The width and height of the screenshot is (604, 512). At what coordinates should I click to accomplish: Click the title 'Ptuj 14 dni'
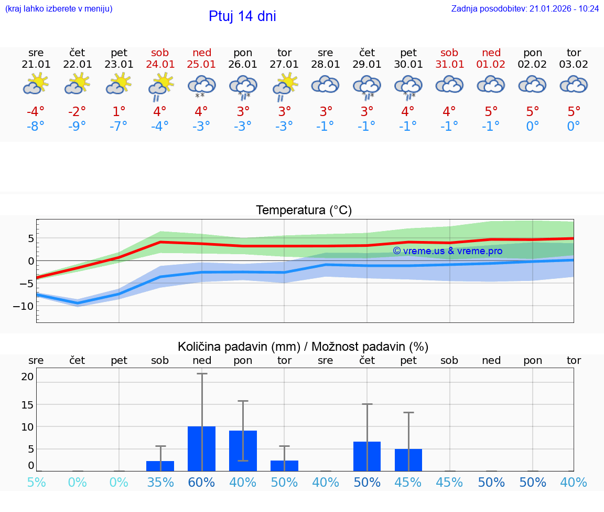242,16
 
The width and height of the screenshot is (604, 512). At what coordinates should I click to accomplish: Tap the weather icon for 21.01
36,84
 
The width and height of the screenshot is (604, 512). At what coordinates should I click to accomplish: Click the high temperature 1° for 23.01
119,112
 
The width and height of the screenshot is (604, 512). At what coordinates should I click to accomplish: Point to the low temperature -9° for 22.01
77,127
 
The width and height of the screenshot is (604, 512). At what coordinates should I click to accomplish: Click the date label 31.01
449,65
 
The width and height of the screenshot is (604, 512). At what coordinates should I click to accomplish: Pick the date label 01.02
491,65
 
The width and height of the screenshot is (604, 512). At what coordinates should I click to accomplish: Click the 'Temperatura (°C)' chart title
304,211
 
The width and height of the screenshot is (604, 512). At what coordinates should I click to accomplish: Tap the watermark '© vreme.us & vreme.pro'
448,251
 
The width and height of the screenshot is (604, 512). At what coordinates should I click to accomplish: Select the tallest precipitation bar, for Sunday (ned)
202,448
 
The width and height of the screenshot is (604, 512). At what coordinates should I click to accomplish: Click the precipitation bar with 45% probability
408,460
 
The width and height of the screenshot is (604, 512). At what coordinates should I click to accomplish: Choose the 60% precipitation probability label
202,482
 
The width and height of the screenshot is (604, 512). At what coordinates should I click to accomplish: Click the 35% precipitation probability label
160,482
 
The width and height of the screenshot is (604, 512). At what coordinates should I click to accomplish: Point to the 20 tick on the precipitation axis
27,377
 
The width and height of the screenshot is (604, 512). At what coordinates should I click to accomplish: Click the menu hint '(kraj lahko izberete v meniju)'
59,9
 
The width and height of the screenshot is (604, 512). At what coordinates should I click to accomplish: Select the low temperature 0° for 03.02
574,127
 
